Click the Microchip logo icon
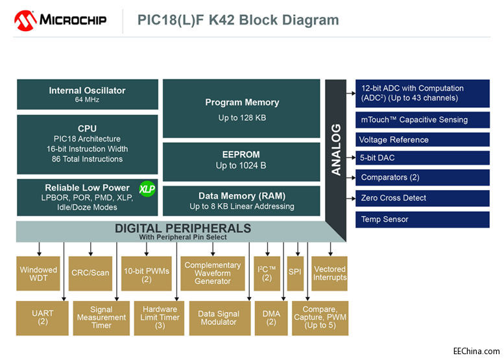coord(25,20)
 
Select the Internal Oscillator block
coord(87,95)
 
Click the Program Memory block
coord(241,109)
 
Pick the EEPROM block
coord(241,160)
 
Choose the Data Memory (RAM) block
coord(241,200)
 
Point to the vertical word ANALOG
coord(336,150)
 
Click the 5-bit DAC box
coord(422,157)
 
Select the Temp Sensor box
coord(422,219)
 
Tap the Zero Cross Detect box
coord(422,198)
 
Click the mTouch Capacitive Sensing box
coord(422,119)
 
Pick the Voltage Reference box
coord(422,139)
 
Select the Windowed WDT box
coord(38,274)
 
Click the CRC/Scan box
coord(90,274)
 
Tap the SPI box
coord(295,274)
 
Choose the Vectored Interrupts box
coord(330,274)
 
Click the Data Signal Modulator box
coord(217,318)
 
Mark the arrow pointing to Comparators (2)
coord(350,177)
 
